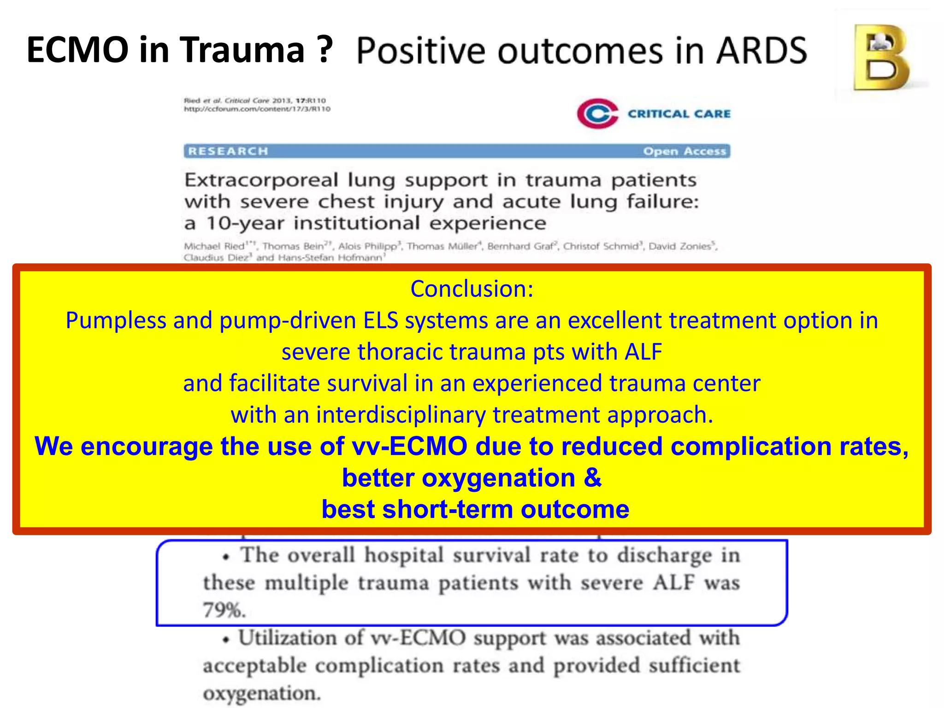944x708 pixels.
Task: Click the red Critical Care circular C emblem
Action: (x=597, y=113)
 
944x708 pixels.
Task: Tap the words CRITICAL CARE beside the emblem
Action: (x=679, y=114)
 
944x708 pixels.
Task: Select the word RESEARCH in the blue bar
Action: (x=228, y=151)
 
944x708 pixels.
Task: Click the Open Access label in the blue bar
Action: (x=684, y=151)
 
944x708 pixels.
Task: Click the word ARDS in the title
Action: (x=761, y=51)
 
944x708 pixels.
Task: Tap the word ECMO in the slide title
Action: (x=77, y=50)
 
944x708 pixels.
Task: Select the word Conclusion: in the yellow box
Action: (x=472, y=289)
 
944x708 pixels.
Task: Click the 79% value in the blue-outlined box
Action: (x=224, y=610)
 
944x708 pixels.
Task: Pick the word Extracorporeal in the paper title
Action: (x=261, y=180)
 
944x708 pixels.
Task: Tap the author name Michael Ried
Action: (x=214, y=246)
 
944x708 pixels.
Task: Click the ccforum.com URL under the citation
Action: (x=257, y=109)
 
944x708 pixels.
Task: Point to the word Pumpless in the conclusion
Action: (x=116, y=320)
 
